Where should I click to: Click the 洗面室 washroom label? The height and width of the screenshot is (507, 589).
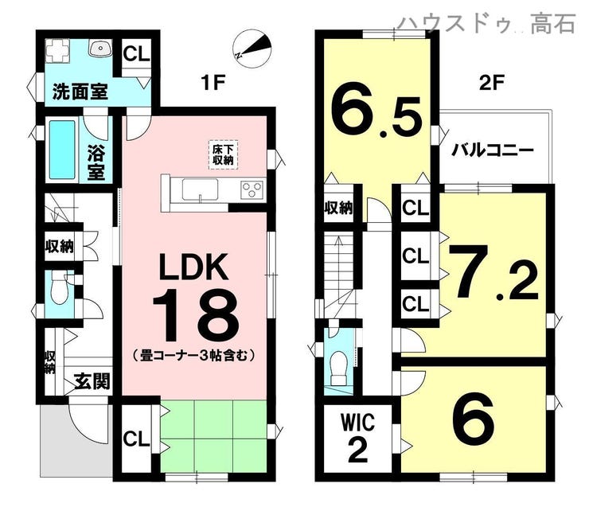[x=80, y=92]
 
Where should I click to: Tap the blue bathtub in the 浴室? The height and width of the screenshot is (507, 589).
[x=62, y=150]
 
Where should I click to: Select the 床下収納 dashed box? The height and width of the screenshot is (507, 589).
[x=223, y=155]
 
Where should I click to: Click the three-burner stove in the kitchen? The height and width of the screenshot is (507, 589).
[x=252, y=189]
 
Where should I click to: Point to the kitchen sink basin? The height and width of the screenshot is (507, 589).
[x=201, y=189]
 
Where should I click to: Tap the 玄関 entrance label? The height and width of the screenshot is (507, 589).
[x=92, y=382]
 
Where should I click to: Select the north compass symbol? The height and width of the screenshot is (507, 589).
[x=252, y=49]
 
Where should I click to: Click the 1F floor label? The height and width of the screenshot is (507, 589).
[x=213, y=83]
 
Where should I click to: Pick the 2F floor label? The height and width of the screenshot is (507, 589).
[x=491, y=83]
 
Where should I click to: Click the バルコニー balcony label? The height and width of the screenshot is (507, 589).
[x=492, y=151]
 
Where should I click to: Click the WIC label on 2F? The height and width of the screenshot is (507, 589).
[x=357, y=422]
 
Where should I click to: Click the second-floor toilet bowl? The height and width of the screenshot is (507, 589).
[x=339, y=368]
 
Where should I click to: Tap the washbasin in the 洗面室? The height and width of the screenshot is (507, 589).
[x=99, y=48]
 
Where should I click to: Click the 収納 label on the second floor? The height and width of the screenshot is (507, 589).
[x=339, y=207]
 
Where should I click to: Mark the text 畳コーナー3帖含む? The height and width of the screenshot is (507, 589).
[x=194, y=354]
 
